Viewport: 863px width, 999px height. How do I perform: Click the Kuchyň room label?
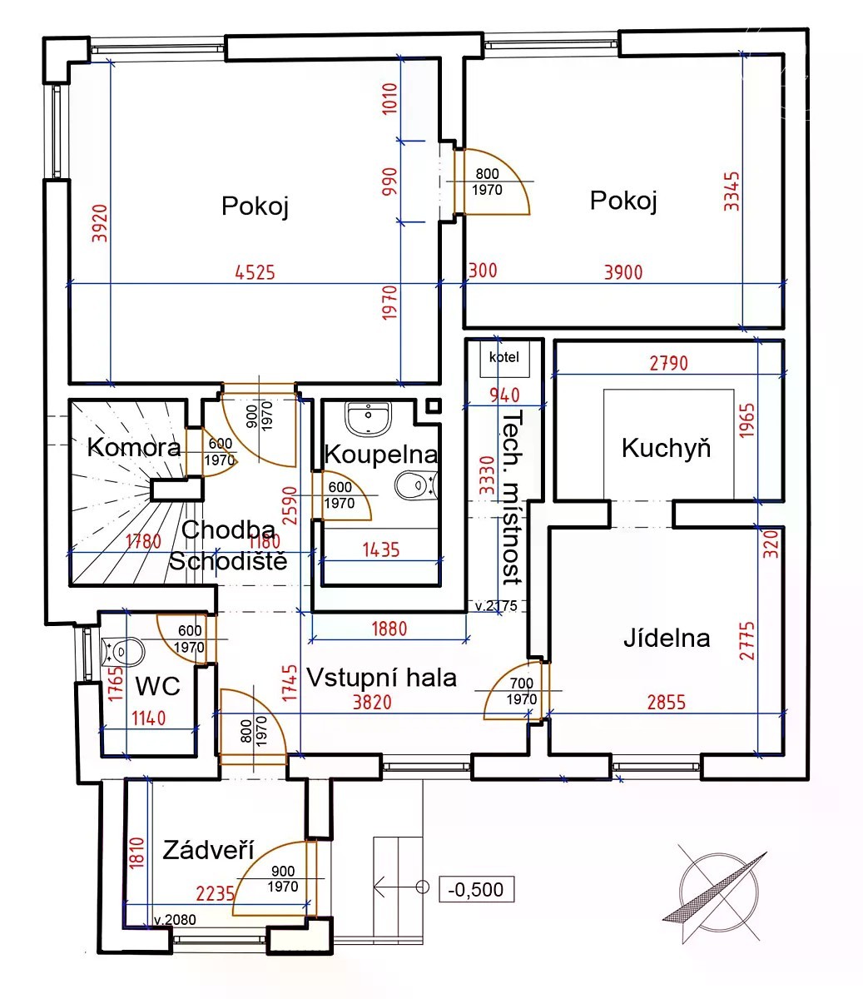667,448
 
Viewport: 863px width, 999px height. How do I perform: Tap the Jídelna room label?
667,639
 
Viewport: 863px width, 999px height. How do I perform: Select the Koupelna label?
381,455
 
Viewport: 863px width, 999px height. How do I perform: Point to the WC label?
158,686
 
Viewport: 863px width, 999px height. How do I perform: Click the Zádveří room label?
208,850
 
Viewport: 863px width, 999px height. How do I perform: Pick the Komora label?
134,448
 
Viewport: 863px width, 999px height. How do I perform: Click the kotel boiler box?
504,358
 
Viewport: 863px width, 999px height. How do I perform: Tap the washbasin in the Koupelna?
368,419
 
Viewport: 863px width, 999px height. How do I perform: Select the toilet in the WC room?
122,652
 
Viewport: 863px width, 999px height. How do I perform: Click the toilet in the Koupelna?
416,485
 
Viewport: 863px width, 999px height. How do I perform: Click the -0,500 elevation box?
476,889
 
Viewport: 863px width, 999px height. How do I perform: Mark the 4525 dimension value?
255,272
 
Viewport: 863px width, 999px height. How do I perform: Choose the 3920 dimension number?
100,223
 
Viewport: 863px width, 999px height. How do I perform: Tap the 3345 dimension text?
732,191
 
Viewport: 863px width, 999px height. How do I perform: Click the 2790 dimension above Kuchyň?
669,364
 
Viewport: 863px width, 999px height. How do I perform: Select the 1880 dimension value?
389,629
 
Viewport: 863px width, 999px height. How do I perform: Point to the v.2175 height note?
496,605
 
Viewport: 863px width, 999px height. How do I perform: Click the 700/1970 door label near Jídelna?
521,691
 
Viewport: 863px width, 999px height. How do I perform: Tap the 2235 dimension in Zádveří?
215,894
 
